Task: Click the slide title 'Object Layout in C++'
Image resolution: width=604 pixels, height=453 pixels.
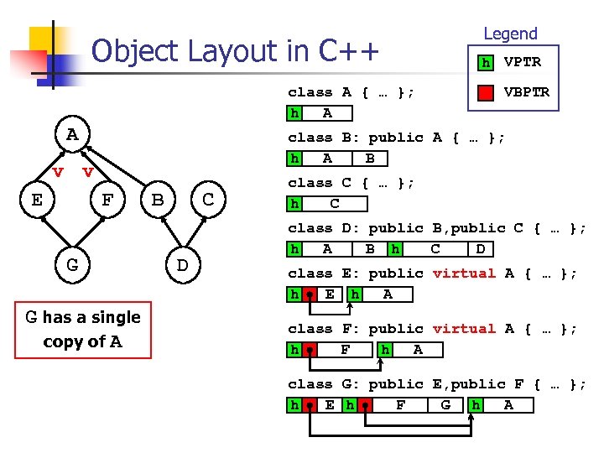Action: pos(235,52)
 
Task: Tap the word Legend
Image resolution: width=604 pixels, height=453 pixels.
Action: pos(510,34)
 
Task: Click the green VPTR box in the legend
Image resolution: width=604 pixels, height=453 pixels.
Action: pos(485,63)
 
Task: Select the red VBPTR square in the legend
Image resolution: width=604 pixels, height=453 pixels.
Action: pos(485,92)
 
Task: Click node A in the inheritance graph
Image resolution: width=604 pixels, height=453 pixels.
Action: pos(73,134)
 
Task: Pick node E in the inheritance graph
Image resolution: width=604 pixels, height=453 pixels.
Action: pos(37,200)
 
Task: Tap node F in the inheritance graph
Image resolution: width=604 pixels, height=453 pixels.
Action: pos(107,200)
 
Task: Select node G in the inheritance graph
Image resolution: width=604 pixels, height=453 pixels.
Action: pos(73,265)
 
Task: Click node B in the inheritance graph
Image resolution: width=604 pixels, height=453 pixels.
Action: pos(158,200)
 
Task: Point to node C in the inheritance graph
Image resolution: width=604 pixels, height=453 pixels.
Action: pos(209,200)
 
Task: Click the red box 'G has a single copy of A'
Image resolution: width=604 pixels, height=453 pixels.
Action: pos(82,329)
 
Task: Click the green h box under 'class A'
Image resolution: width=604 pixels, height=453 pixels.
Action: pos(294,113)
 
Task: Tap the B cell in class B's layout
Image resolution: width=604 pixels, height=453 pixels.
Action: pos(369,159)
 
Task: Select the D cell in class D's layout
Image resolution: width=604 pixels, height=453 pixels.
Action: pos(480,249)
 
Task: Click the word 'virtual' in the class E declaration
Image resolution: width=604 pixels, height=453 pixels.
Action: pos(464,273)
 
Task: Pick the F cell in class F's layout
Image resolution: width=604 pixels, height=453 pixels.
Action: pos(346,350)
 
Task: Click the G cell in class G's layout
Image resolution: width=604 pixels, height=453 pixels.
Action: pos(445,405)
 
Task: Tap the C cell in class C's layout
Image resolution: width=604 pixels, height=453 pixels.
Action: pos(334,204)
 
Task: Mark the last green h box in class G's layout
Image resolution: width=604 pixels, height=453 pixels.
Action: pos(476,405)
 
